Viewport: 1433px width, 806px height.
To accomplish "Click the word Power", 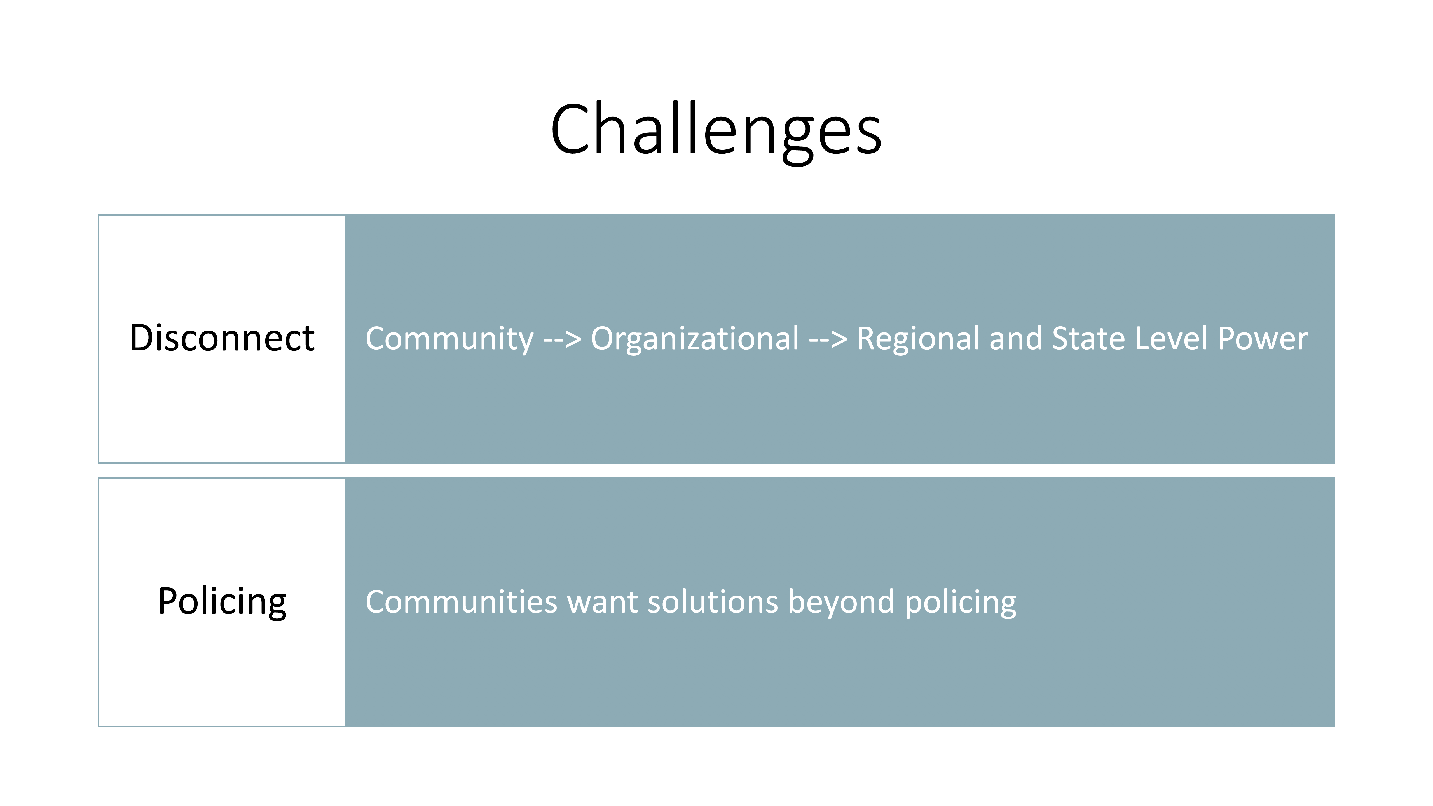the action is (1263, 338).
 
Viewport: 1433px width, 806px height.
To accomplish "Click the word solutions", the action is (713, 602).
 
